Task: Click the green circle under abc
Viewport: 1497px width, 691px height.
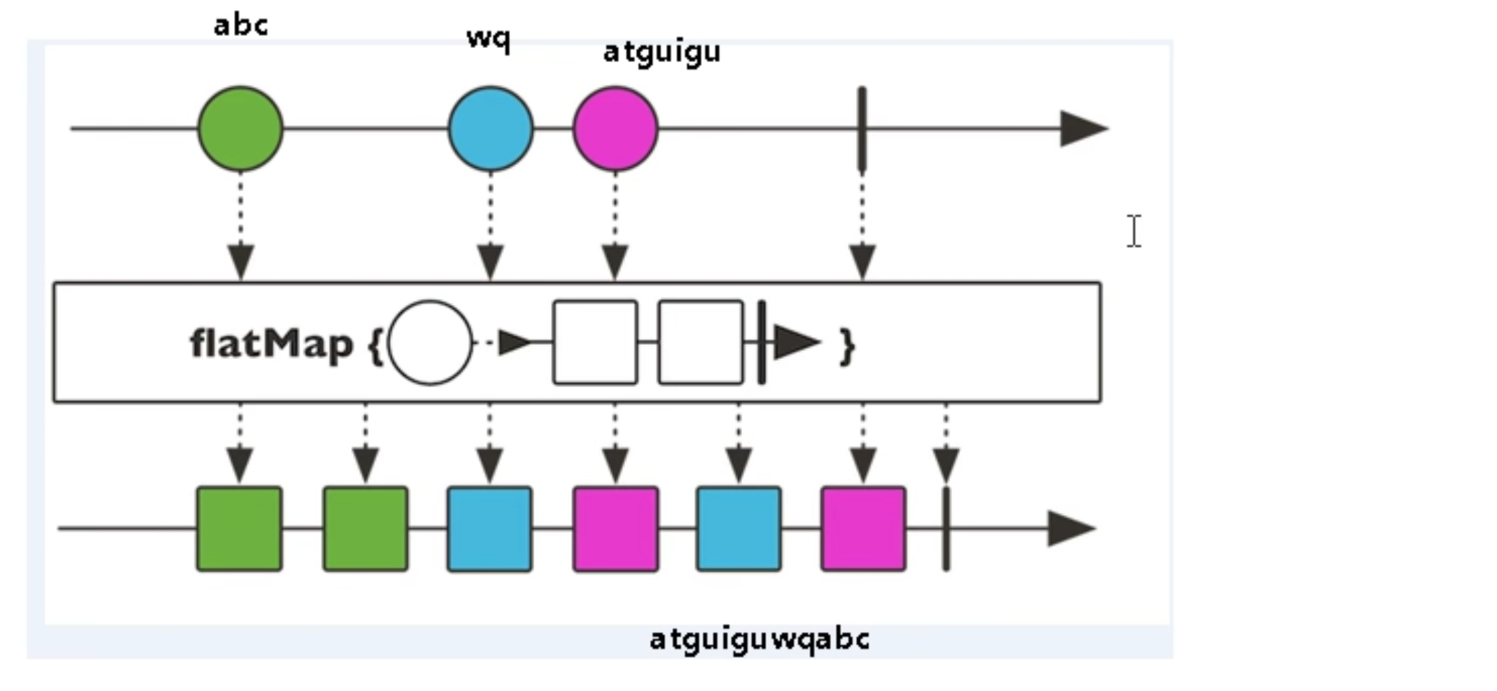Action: coord(240,129)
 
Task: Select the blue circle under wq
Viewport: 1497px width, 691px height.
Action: coord(491,129)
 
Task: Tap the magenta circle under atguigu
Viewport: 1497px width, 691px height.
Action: coord(615,129)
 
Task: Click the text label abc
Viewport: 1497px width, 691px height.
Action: coord(241,26)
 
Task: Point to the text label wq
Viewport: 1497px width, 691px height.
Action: coord(488,38)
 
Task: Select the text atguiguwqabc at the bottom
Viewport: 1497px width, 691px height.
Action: coord(759,639)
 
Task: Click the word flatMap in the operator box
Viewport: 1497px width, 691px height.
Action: coord(272,344)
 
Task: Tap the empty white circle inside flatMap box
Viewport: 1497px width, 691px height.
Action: coord(430,342)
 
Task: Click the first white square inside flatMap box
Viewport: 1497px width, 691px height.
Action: coord(595,342)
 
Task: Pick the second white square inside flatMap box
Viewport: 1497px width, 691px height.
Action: coord(701,342)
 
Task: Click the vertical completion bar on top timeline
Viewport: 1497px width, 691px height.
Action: coord(862,129)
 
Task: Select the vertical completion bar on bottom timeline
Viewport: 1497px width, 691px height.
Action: coord(946,528)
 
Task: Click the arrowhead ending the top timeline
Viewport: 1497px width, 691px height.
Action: coord(1082,129)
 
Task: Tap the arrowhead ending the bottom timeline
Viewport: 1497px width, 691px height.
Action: coord(1070,528)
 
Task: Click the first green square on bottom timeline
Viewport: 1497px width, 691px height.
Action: coord(239,528)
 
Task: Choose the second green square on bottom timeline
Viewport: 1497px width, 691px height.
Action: coord(365,528)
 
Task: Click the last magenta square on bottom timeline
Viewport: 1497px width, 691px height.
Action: coord(863,528)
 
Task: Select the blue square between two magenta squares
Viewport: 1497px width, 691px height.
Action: coord(738,528)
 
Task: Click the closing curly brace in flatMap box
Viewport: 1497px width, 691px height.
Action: coord(847,346)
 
